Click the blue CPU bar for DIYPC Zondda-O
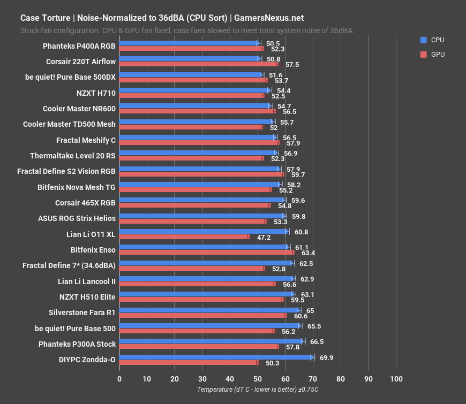(x=214, y=357)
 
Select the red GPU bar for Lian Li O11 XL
(x=184, y=237)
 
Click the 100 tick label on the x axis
(x=396, y=379)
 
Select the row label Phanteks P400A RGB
(x=79, y=46)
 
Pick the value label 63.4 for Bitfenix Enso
(x=309, y=253)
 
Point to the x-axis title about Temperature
(x=258, y=390)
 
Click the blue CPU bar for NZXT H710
(x=194, y=90)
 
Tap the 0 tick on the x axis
(x=119, y=379)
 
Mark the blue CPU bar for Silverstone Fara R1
(x=209, y=310)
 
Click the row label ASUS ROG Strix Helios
(x=77, y=218)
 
